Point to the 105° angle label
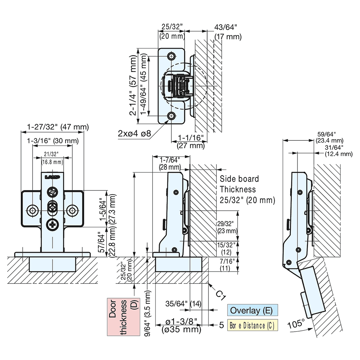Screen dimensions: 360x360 tap(297, 324)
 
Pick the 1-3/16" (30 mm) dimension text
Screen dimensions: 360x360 tap(53, 140)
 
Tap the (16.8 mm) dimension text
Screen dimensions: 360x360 tap(53, 162)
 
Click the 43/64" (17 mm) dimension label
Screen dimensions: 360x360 tap(228, 32)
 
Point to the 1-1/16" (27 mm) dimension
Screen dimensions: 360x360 tap(191, 142)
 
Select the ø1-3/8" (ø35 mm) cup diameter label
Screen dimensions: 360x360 tap(181, 325)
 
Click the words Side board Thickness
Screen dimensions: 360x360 tap(238, 184)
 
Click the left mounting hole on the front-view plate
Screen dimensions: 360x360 tap(33, 210)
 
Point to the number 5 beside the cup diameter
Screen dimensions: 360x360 tap(222, 325)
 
